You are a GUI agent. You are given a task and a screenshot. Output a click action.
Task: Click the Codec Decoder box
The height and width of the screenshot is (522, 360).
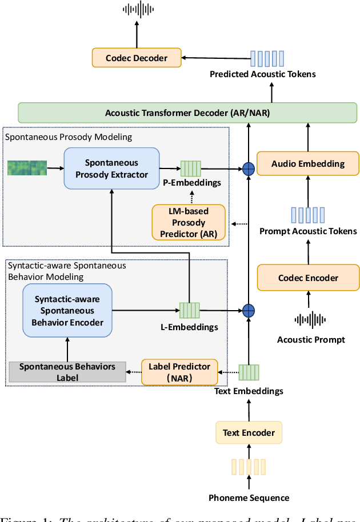point(137,58)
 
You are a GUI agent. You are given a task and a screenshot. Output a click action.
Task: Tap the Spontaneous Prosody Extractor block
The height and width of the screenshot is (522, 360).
point(111,168)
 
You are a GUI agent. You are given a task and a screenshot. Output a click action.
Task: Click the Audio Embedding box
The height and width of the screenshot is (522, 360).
point(308,163)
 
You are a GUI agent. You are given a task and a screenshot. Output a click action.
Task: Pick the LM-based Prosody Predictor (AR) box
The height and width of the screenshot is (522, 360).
point(189,222)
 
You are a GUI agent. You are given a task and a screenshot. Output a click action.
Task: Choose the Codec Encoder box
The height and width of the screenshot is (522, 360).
point(308,278)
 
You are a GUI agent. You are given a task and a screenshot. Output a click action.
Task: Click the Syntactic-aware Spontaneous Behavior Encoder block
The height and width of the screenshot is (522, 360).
point(67,311)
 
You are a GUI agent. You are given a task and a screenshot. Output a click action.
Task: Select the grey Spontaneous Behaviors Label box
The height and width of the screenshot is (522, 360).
point(67,372)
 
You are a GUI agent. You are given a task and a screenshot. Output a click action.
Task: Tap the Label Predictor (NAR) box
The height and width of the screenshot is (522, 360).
point(179,372)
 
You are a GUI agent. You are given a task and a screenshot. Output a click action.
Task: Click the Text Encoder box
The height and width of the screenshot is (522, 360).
point(249,433)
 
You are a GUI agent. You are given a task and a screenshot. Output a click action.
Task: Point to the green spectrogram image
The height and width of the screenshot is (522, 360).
point(26,168)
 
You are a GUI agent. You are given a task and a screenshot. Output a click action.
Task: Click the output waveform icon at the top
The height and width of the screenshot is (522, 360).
point(137,9)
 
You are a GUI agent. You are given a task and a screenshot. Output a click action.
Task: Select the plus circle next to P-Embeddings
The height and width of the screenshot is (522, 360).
point(249,168)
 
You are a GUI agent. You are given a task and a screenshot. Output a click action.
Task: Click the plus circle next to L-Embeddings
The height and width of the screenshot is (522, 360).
point(249,311)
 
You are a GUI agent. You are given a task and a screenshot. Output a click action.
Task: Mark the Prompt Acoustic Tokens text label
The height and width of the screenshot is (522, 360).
point(308,231)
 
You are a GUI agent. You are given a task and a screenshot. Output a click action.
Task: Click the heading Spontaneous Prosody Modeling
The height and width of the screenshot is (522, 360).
point(69,137)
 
